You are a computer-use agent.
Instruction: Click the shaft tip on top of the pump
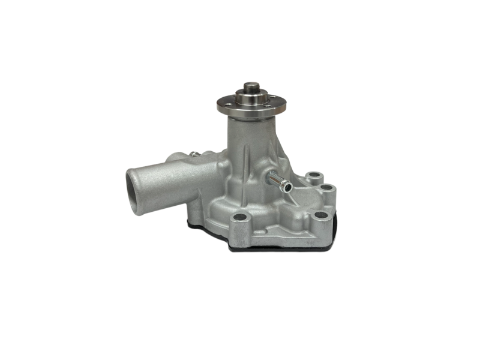(x=251, y=87)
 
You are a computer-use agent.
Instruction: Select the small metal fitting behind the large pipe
(x=195, y=155)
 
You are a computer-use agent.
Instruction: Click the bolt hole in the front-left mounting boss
(x=240, y=216)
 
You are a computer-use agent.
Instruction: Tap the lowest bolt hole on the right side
(x=320, y=215)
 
